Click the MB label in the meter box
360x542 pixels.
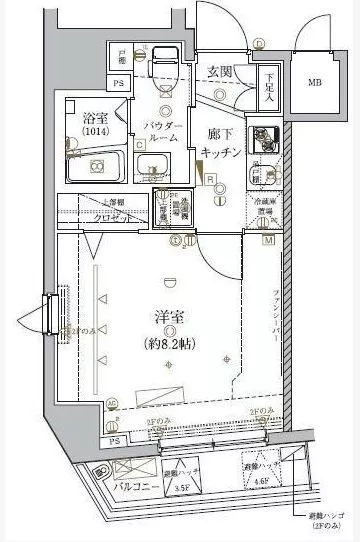(315, 82)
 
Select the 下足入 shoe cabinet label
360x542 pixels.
(267, 86)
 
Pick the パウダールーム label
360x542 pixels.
(163, 132)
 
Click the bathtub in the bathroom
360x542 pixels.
(94, 166)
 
